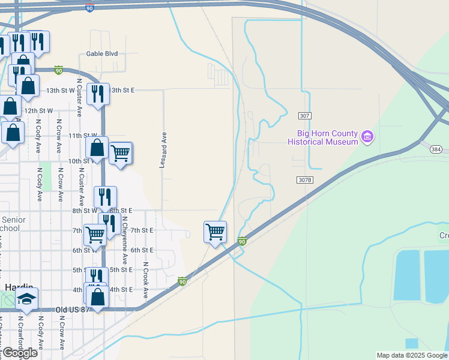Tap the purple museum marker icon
click(x=367, y=138)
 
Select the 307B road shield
click(x=305, y=179)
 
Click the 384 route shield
click(x=436, y=149)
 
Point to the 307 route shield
click(x=305, y=115)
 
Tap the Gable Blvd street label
click(x=102, y=53)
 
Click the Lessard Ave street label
click(x=162, y=150)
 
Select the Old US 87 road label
click(x=73, y=310)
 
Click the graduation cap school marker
click(x=26, y=299)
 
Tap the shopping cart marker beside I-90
click(x=215, y=231)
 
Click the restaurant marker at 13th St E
click(x=97, y=94)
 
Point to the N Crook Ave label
click(x=145, y=280)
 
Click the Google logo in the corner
click(x=20, y=353)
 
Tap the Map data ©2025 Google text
click(x=412, y=355)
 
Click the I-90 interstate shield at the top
click(x=89, y=9)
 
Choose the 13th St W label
click(x=60, y=90)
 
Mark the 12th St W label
click(x=38, y=111)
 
